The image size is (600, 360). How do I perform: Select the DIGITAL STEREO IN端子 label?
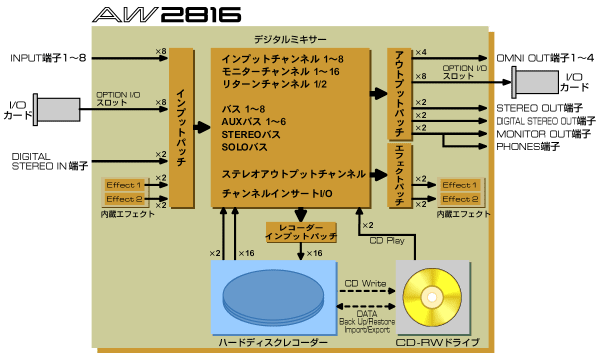(x=44, y=162)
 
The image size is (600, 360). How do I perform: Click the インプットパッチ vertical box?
(x=182, y=128)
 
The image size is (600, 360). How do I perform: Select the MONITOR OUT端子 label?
(x=546, y=133)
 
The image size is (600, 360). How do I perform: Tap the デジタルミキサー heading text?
(x=289, y=39)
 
